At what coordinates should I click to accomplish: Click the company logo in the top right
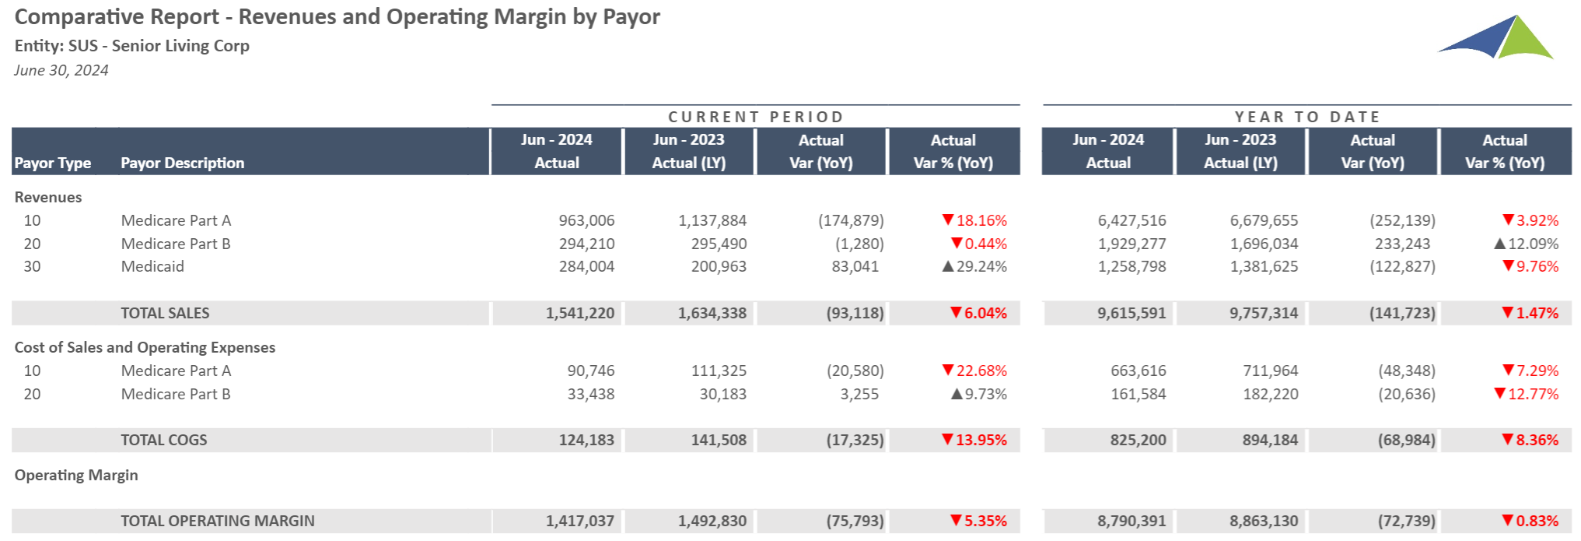pos(1496,37)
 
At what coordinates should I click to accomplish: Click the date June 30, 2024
pos(61,70)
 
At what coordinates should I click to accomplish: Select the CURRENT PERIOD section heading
pos(756,117)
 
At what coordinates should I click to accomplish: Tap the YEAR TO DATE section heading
pos(1307,117)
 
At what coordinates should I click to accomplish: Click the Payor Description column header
pos(182,163)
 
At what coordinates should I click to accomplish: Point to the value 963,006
pos(586,220)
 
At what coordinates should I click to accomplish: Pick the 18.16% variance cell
pos(974,220)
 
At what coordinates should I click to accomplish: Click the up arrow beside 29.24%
pos(948,266)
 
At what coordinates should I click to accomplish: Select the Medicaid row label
pos(152,266)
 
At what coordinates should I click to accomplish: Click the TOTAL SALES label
pos(165,313)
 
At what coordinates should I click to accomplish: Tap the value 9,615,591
pos(1132,313)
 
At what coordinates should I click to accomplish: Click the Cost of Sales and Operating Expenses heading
pos(145,347)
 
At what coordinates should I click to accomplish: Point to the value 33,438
pos(591,394)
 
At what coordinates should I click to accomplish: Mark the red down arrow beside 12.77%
pos(1500,393)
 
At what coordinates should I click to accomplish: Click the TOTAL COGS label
pos(164,440)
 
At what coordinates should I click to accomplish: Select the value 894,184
pos(1270,440)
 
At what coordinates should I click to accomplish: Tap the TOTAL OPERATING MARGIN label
pos(218,521)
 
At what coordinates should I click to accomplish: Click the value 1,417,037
pos(580,521)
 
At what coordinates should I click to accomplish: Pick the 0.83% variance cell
pos(1530,521)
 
